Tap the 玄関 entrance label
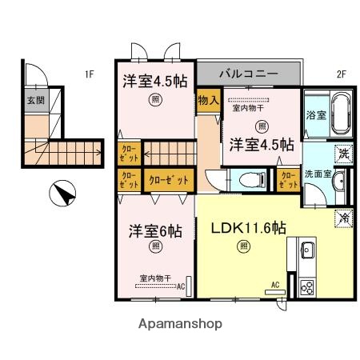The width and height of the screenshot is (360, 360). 35,101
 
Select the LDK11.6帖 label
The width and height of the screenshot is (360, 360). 248,228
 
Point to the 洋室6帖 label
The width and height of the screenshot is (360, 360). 156,231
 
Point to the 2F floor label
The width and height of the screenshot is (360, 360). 339,74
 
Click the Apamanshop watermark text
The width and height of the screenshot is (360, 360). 180,324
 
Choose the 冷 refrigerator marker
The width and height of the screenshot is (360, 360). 343,215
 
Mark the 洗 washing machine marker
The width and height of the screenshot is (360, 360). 342,152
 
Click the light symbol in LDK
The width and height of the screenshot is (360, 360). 242,246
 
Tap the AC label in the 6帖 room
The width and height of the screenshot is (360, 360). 180,285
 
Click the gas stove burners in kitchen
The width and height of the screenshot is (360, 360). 306,284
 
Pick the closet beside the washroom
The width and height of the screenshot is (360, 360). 286,180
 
